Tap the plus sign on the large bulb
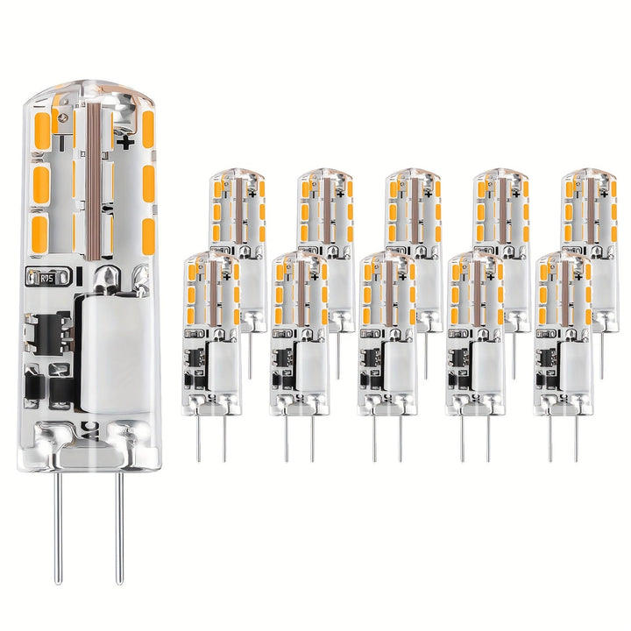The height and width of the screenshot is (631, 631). [x=125, y=140]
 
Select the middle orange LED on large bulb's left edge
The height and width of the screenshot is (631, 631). [x=39, y=184]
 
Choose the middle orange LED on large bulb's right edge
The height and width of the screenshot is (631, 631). [x=147, y=184]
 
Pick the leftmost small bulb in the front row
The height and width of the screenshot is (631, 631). [x=211, y=333]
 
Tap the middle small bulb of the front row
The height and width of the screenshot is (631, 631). [x=386, y=333]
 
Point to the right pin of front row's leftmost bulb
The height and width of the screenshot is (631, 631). [x=224, y=438]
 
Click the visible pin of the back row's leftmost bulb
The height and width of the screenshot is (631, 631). [x=250, y=355]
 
